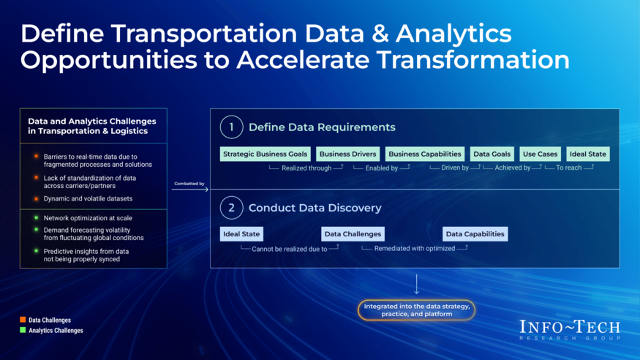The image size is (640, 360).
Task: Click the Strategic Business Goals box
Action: [266, 154]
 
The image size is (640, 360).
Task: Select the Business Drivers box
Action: [347, 154]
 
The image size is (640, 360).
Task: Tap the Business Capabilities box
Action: [424, 154]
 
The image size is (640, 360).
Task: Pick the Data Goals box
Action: [492, 154]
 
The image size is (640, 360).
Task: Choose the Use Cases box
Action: [540, 154]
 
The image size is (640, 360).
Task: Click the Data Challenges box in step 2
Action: [353, 234]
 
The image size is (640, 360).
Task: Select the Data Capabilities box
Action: [475, 234]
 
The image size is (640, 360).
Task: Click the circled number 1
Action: [231, 127]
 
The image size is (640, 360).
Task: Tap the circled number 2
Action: [231, 208]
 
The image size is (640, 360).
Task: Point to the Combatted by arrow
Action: [190, 190]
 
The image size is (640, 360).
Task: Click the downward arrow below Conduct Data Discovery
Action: [416, 284]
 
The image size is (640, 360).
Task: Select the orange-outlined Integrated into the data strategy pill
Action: [416, 310]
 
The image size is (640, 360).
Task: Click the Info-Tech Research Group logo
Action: [570, 330]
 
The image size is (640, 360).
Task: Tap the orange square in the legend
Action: [23, 320]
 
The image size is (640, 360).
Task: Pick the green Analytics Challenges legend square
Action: [23, 330]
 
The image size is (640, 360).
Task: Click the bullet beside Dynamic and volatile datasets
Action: [36, 199]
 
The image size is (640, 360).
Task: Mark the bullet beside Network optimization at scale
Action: [36, 218]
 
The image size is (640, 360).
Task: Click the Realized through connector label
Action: [306, 168]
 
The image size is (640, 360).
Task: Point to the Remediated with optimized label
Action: [415, 248]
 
